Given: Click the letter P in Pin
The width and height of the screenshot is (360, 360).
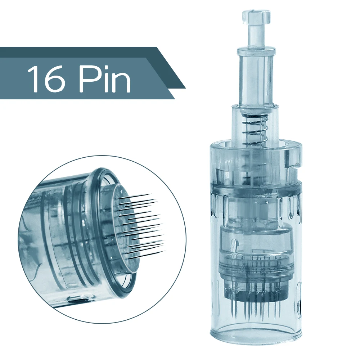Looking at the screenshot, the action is pyautogui.click(x=88, y=79).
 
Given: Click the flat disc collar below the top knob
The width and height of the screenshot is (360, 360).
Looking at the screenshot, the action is pyautogui.click(x=256, y=51).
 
